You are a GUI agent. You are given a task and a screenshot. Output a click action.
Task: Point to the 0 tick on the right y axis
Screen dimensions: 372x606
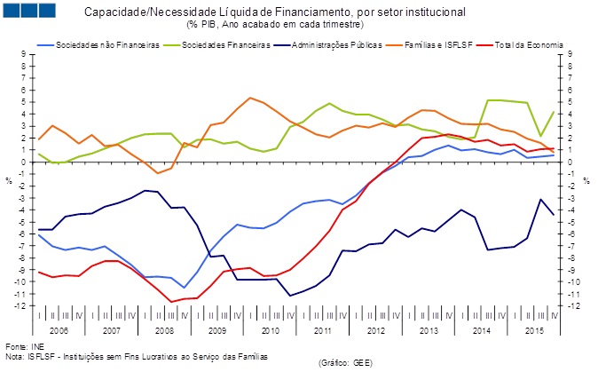[x=569, y=162]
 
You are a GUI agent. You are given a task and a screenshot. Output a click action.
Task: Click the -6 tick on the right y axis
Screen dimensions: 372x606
[x=571, y=234]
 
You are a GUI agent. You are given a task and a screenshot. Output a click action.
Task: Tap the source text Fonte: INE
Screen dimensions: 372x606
[x=25, y=346]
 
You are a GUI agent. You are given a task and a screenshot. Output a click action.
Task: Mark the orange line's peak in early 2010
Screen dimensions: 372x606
[x=250, y=98]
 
